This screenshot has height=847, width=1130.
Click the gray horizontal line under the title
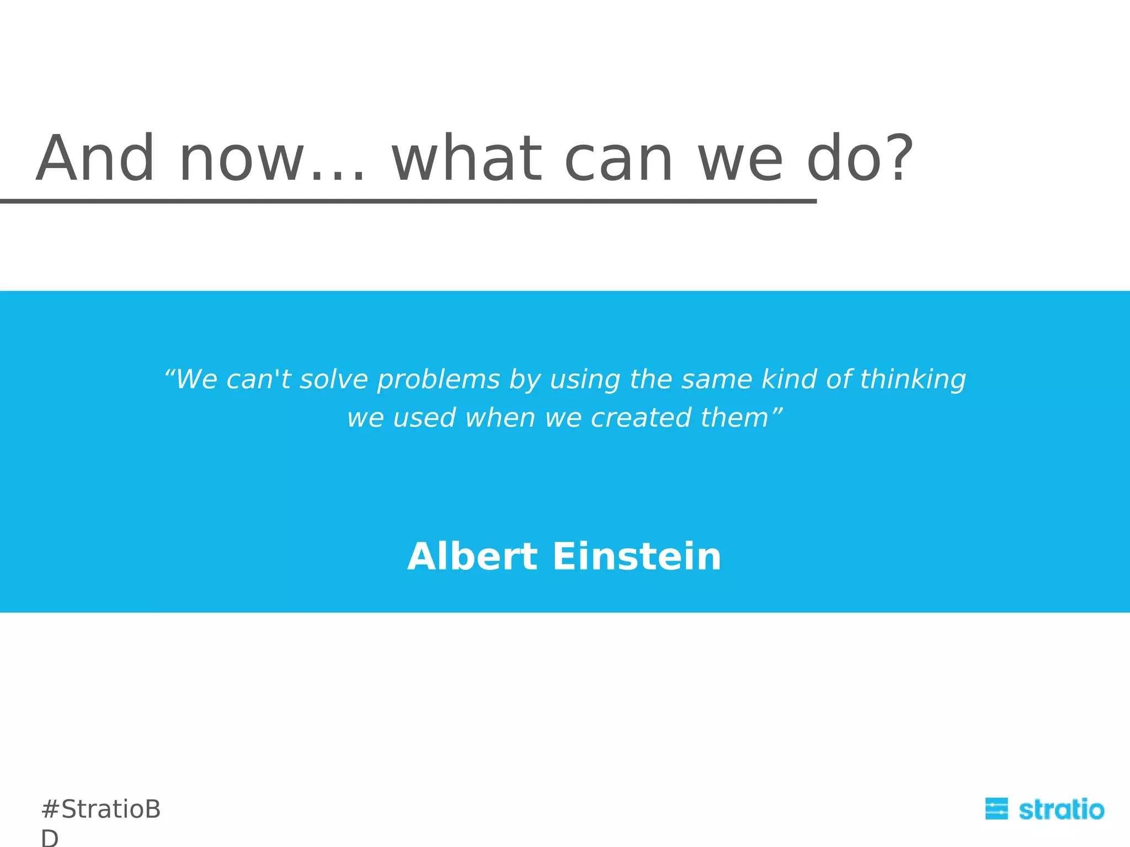coord(408,202)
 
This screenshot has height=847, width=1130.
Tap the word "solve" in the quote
coord(333,379)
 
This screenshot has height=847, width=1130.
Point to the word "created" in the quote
coord(641,418)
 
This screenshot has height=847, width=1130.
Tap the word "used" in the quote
coord(424,418)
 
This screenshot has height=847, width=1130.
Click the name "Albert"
coord(472,556)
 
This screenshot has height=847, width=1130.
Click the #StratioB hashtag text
coord(101,810)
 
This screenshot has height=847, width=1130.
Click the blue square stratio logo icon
coord(996,809)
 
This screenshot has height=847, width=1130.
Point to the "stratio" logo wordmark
coord(1061,810)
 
